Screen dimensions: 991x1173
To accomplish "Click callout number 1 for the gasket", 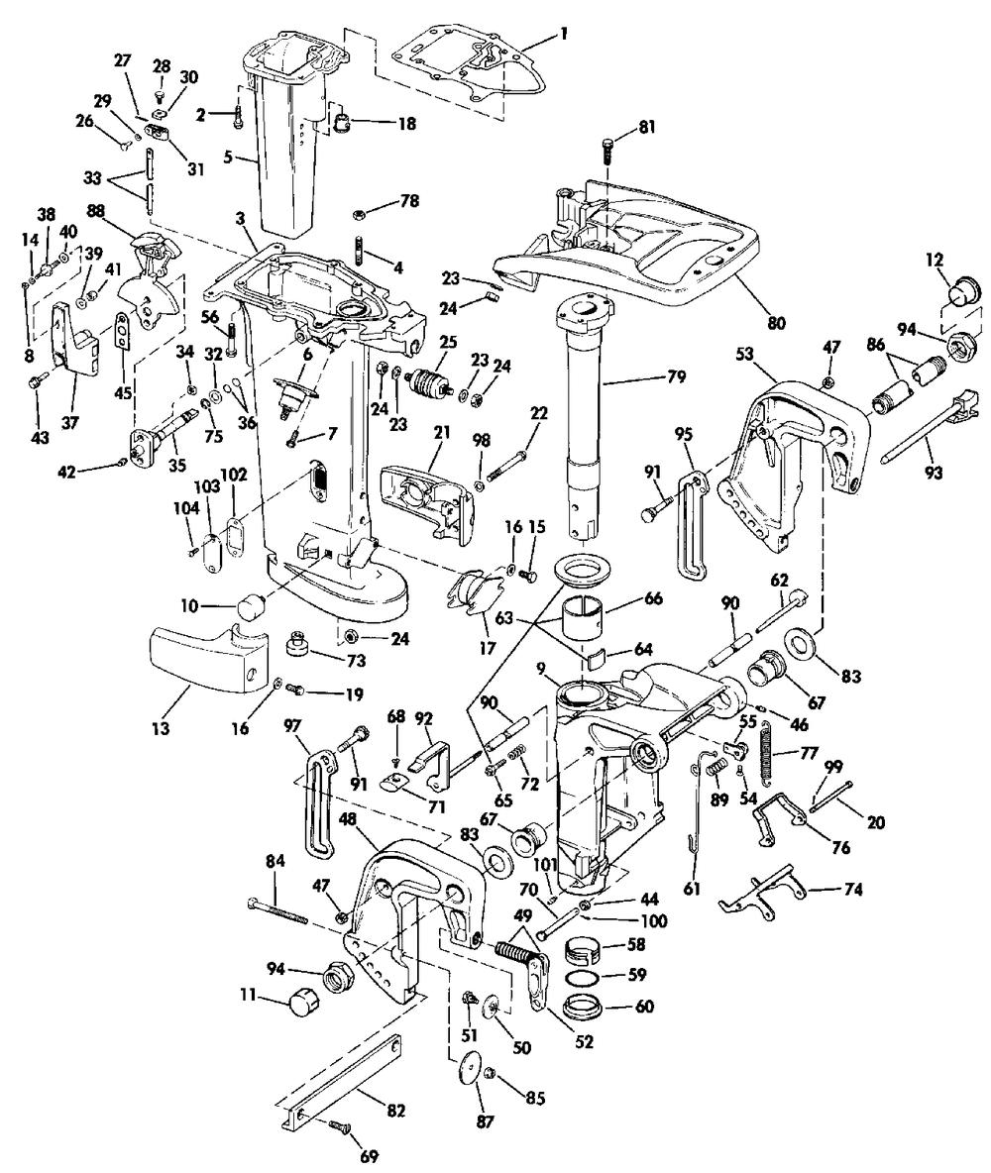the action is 564,33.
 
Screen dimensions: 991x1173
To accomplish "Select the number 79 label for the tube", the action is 676,377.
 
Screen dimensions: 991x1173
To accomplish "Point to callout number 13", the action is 161,727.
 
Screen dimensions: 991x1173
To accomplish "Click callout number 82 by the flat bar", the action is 396,1111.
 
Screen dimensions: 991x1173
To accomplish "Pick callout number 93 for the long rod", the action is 934,472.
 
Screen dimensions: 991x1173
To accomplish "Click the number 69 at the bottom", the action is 370,1156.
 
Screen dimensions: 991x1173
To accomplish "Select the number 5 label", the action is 228,158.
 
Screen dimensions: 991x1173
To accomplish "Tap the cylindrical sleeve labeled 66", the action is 583,617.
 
